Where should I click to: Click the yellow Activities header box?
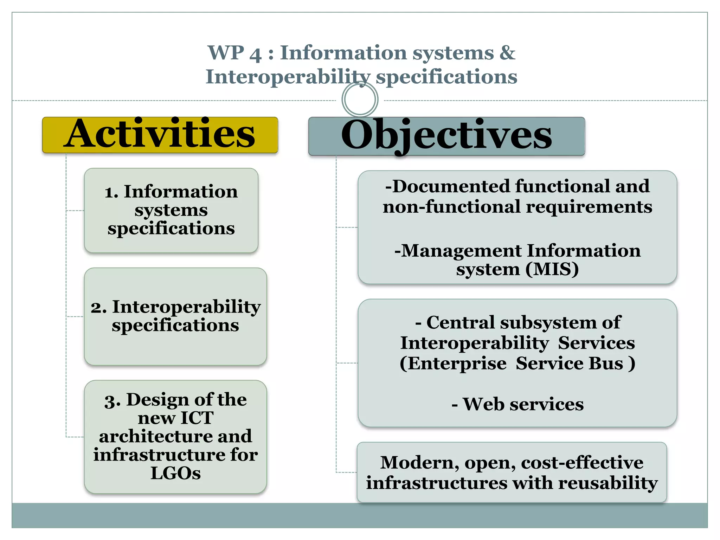(x=160, y=135)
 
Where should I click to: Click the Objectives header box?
(x=446, y=136)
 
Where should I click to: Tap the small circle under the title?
(x=360, y=99)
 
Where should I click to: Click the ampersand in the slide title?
(x=507, y=53)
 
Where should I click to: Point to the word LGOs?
(x=175, y=473)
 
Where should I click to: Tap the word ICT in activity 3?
(x=197, y=418)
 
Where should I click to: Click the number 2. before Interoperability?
(x=99, y=308)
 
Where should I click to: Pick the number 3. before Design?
(x=112, y=401)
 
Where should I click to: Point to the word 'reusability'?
(x=608, y=483)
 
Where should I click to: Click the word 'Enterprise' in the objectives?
(x=454, y=364)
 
